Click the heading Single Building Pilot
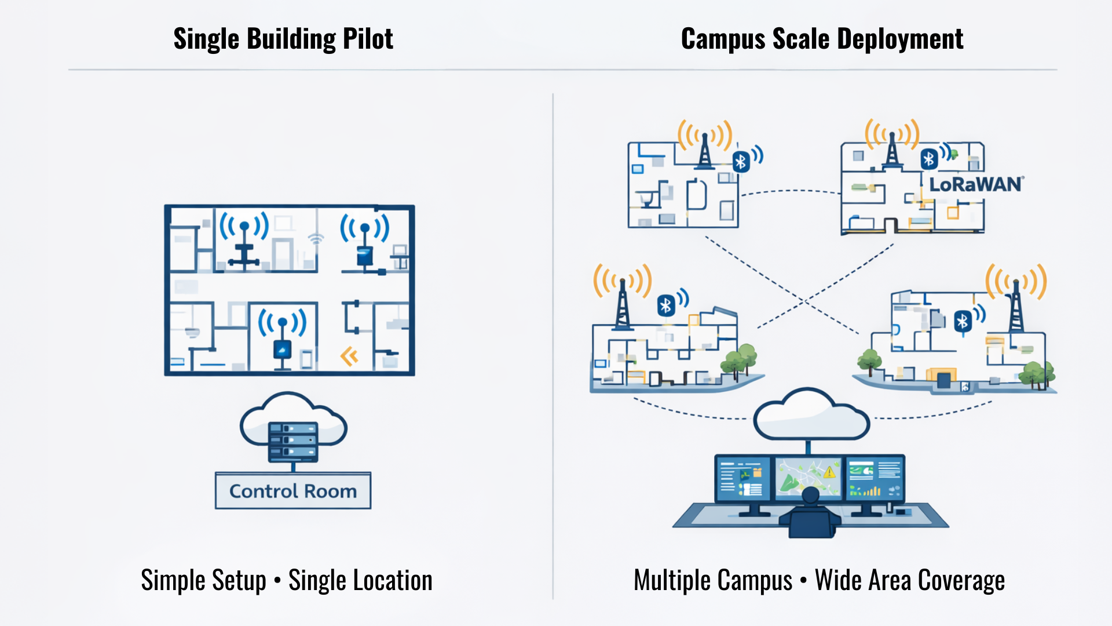point(283,39)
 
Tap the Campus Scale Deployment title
point(822,39)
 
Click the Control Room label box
point(293,491)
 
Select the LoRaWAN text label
point(976,184)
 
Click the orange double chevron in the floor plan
point(349,356)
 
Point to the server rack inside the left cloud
point(293,442)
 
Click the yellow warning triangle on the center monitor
point(829,472)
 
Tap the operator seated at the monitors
point(810,513)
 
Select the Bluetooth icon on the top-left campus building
point(741,162)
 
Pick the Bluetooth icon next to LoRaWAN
point(929,159)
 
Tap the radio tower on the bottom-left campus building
point(623,304)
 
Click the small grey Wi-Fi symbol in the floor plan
point(316,239)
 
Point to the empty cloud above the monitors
point(811,414)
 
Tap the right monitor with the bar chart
point(875,479)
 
